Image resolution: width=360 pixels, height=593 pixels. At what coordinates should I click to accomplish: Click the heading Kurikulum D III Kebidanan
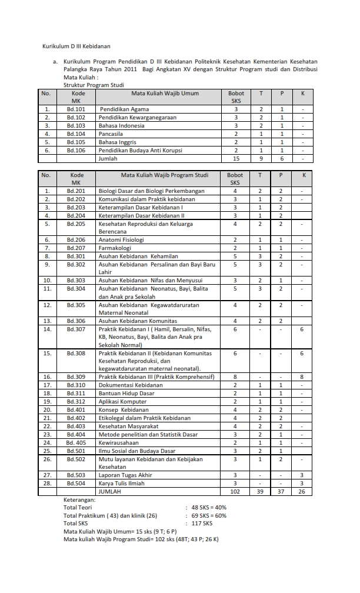tap(76, 45)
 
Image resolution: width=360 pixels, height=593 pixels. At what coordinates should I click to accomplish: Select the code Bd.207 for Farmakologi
tap(77, 248)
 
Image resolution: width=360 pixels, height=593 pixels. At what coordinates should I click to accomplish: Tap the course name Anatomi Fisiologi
tap(121, 239)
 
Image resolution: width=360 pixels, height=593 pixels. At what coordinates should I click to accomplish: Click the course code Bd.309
tap(77, 376)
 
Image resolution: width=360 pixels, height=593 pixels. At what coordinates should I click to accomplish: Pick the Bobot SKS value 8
tap(235, 376)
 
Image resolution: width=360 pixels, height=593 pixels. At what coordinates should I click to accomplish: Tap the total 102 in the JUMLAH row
tap(235, 491)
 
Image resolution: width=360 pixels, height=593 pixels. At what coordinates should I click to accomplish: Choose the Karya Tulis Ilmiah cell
tap(122, 482)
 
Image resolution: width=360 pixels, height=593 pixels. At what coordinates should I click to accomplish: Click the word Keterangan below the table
tap(79, 499)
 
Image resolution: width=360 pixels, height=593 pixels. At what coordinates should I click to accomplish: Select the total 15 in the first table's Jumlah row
tap(236, 158)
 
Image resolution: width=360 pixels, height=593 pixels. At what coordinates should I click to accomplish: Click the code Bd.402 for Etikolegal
tap(77, 417)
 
